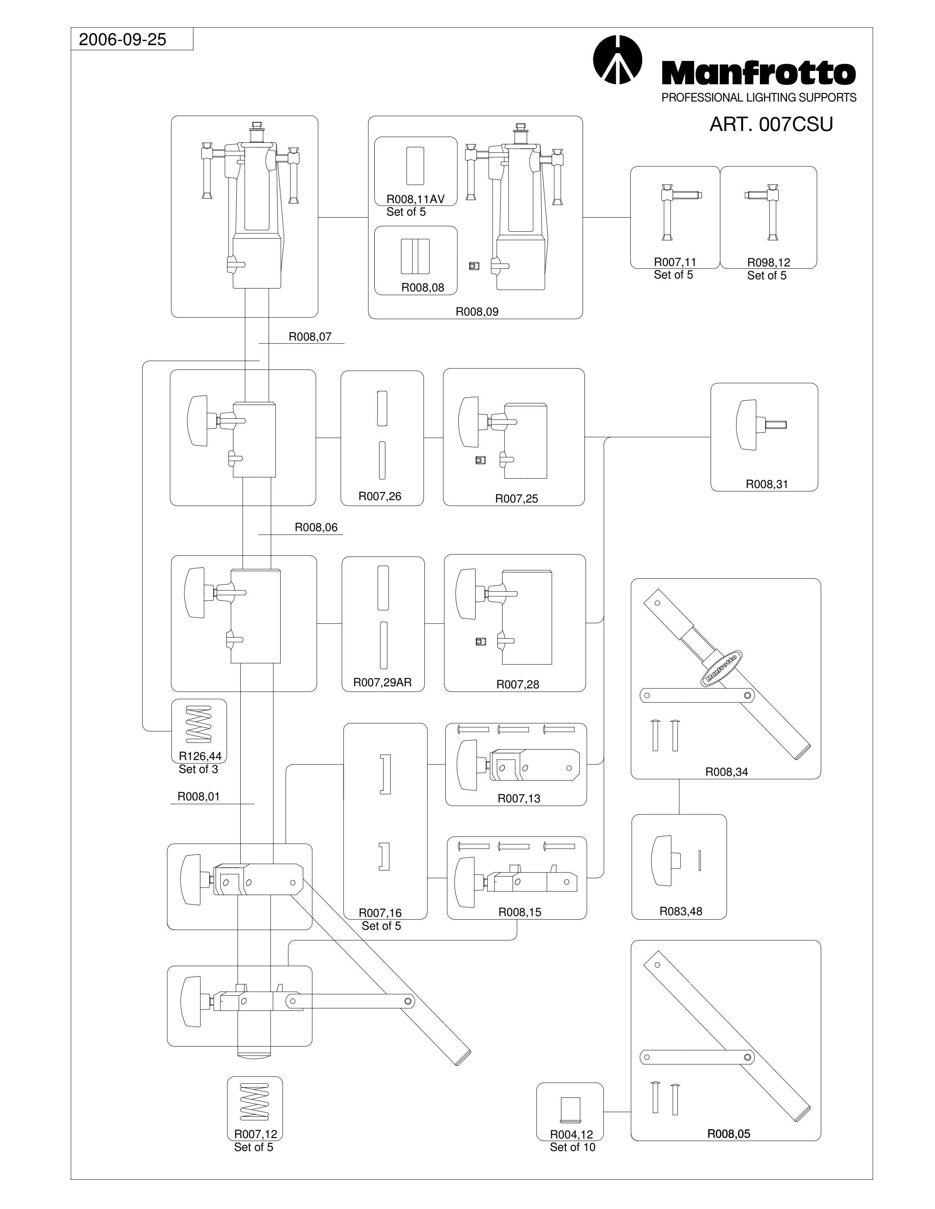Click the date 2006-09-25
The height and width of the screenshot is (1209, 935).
(x=122, y=39)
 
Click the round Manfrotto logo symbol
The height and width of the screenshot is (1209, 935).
(x=617, y=59)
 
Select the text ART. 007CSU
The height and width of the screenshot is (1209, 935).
(x=771, y=125)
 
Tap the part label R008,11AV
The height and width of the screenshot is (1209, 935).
(x=415, y=199)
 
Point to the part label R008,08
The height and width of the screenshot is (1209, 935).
(x=423, y=287)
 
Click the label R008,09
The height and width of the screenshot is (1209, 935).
(x=477, y=312)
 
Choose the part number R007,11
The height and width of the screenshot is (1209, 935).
(x=675, y=262)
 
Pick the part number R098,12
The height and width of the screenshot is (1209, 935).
(x=768, y=262)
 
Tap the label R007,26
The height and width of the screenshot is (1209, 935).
(x=380, y=496)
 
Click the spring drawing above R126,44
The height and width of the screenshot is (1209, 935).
(x=199, y=724)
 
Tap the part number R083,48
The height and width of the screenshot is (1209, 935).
(x=681, y=911)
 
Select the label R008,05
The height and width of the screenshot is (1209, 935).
(x=728, y=1134)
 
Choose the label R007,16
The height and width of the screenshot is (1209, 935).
(x=380, y=913)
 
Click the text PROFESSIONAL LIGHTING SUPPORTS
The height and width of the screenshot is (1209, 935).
(x=759, y=98)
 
